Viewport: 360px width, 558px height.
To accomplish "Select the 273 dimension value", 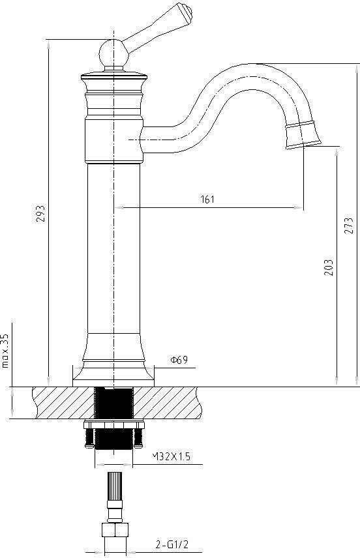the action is [349, 226].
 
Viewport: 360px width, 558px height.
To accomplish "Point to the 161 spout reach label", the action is [207, 199].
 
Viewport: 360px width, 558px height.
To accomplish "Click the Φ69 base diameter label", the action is [179, 360].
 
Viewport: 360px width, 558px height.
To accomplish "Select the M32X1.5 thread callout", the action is [171, 456].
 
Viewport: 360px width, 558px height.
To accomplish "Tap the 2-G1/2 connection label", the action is [172, 544].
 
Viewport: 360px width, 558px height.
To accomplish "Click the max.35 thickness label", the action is [5, 351].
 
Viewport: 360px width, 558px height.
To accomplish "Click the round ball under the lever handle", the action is [113, 53].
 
